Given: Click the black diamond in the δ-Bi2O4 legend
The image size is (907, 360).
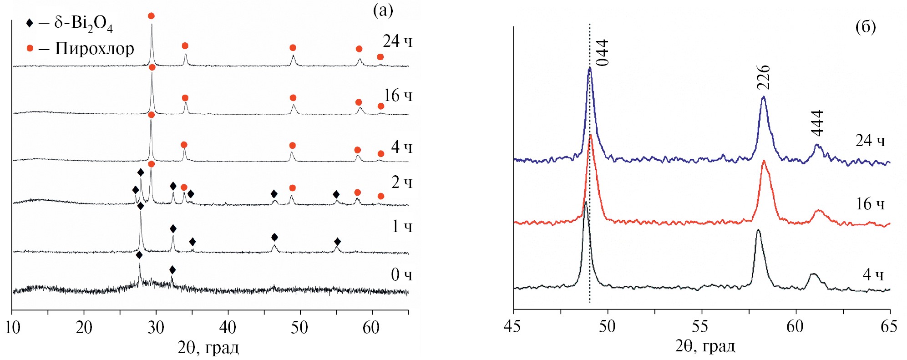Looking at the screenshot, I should (x=30, y=23).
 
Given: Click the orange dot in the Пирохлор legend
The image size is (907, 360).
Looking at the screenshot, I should (x=30, y=48).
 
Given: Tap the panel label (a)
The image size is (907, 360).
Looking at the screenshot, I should (x=383, y=10).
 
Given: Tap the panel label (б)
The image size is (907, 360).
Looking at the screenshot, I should (x=865, y=27).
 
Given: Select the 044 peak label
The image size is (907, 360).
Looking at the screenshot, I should (x=602, y=53).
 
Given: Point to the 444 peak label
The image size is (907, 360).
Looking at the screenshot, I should (x=817, y=123).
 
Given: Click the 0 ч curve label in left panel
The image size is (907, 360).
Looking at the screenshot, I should (x=401, y=275).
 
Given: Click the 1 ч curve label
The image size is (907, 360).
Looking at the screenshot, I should (x=402, y=226).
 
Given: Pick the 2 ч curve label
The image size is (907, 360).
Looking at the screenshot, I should (x=401, y=183).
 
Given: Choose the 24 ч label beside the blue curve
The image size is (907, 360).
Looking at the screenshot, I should (x=870, y=141).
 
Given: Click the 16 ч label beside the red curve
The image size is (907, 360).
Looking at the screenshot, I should (x=870, y=204).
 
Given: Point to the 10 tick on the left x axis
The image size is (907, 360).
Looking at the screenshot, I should (x=12, y=327).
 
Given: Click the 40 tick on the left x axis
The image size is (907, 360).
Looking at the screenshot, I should (x=228, y=327).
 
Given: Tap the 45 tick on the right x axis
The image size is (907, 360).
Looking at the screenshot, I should (x=513, y=326).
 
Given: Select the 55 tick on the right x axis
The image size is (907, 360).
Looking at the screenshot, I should (x=701, y=326).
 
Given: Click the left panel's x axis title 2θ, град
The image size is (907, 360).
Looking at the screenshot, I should (x=208, y=348).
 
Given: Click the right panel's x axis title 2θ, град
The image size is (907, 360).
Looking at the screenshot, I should (x=705, y=346).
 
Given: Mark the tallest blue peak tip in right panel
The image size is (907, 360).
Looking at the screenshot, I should (x=589, y=68).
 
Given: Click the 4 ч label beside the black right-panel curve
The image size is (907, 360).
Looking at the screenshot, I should (x=872, y=275).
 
